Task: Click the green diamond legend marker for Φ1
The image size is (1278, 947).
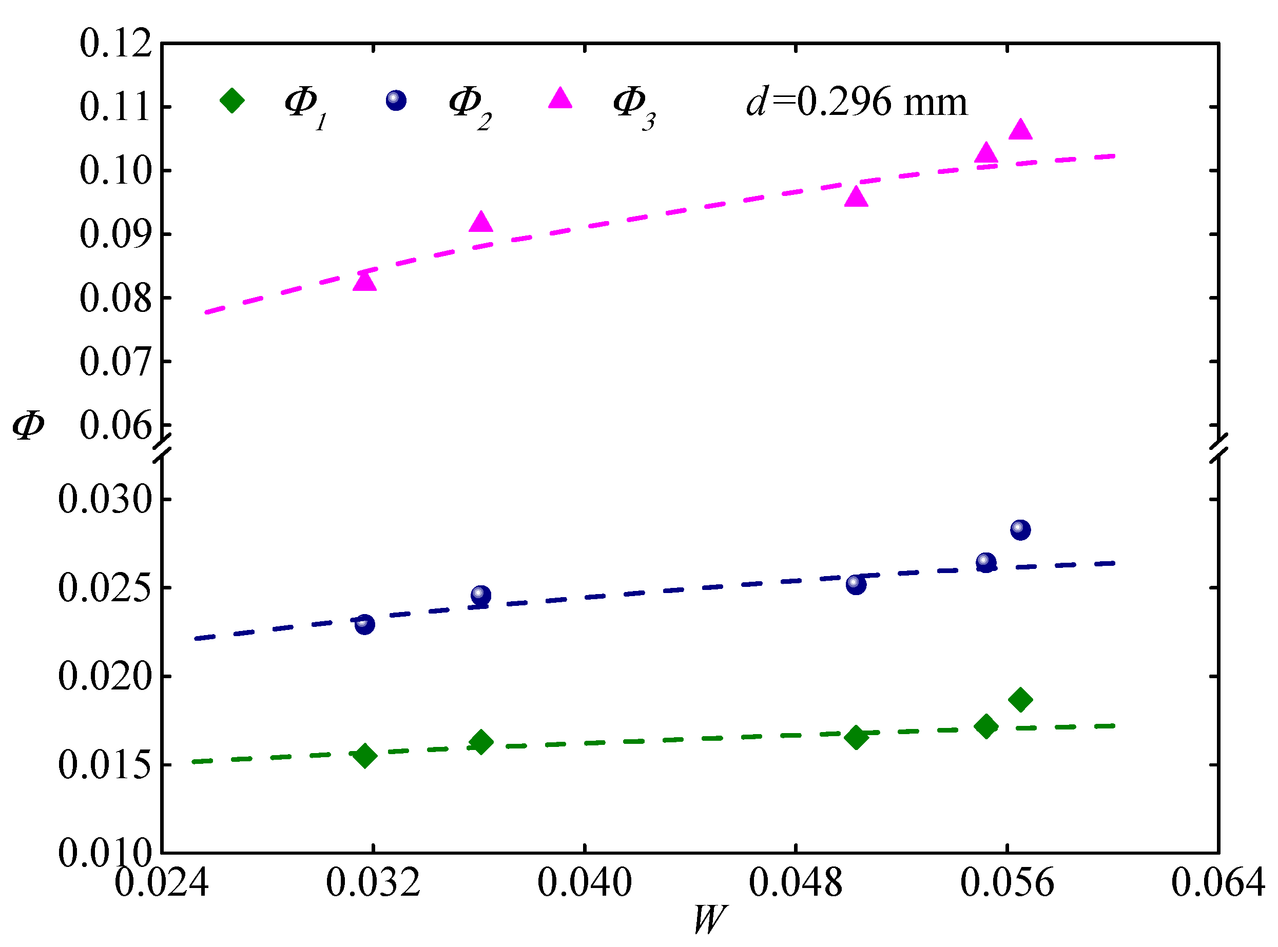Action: coord(233,101)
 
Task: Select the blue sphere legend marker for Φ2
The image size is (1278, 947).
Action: coord(396,101)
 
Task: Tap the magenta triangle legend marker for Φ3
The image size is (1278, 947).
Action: coord(560,98)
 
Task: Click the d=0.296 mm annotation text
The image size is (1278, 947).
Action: coord(857,102)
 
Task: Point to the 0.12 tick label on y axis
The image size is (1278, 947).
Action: coord(116,43)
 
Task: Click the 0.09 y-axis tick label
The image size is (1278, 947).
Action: coord(116,234)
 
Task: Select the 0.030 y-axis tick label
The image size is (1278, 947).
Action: coord(106,499)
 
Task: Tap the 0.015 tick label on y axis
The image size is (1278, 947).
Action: coord(106,765)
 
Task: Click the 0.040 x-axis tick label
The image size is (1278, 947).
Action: coord(585,882)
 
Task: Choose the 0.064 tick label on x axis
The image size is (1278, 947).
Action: coord(1218,882)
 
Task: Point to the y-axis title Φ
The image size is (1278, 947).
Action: coord(28,425)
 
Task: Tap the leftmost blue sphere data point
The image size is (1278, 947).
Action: coord(365,624)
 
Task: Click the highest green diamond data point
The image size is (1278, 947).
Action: coord(1020,699)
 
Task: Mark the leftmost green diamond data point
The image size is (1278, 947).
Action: coord(365,756)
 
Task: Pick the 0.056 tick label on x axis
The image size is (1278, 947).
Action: coord(1007,882)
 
